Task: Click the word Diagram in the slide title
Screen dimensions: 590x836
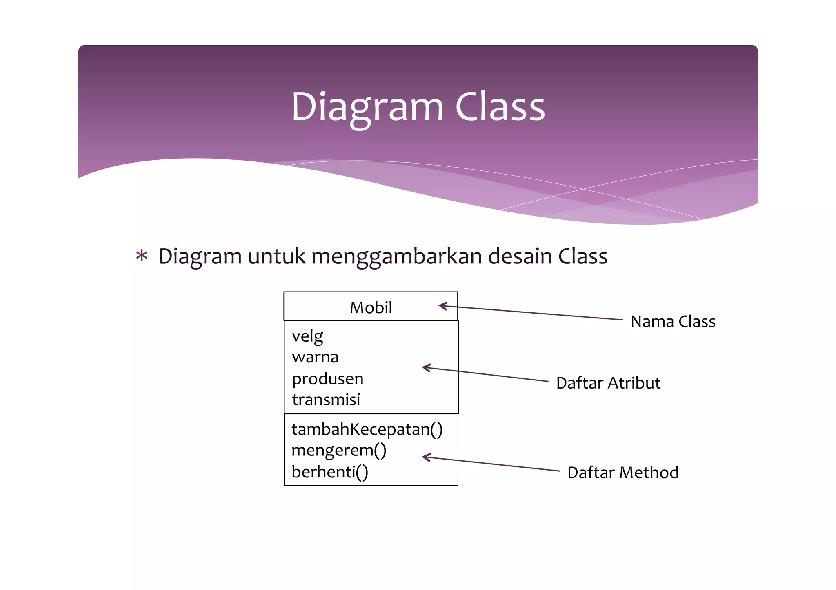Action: (x=367, y=107)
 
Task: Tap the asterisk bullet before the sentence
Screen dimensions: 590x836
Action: (x=142, y=256)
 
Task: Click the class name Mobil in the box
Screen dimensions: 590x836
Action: (x=371, y=307)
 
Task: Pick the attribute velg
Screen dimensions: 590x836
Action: (x=307, y=336)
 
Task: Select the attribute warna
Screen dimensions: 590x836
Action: (x=315, y=357)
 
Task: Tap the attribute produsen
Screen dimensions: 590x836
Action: (x=327, y=379)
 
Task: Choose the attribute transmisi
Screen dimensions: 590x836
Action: (x=326, y=400)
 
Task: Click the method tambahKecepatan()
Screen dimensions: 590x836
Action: (x=367, y=429)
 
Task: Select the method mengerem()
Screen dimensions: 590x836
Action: (x=338, y=451)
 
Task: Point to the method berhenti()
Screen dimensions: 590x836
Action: (x=329, y=472)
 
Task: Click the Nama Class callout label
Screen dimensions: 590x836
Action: (x=673, y=322)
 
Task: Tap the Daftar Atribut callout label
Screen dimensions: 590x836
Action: (x=608, y=383)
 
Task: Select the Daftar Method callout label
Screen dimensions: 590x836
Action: (x=623, y=473)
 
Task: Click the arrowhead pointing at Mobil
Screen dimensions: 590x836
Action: (x=442, y=306)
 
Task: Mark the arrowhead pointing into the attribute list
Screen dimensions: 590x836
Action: (x=425, y=368)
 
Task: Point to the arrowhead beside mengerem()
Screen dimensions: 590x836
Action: (x=425, y=457)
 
